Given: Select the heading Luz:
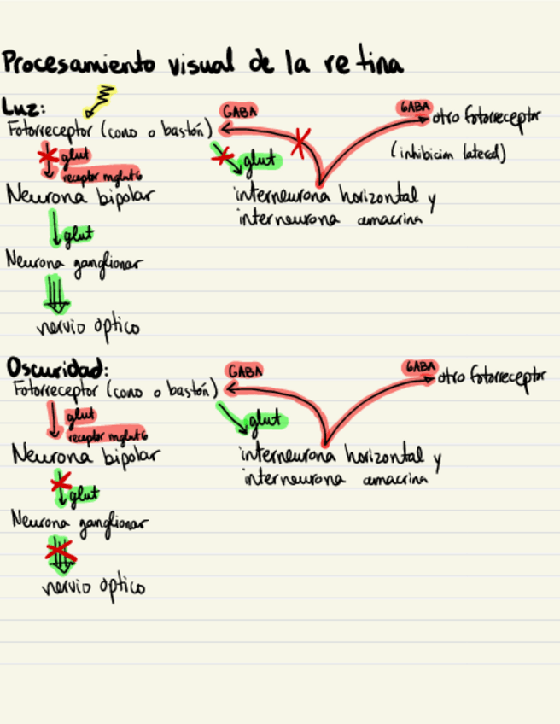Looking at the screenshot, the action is (x=23, y=108).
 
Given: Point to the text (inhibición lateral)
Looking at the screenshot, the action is (x=448, y=154).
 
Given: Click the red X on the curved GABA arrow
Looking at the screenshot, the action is (x=299, y=143).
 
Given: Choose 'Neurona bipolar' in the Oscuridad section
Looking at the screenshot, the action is (x=85, y=455).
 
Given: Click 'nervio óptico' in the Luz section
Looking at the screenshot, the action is (x=88, y=326).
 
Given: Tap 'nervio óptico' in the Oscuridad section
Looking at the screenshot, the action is (x=93, y=587).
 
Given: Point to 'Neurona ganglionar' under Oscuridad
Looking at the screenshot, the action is (x=78, y=521).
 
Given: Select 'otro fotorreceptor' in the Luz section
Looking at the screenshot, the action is (x=486, y=117).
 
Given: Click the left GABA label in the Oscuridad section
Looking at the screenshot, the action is (x=245, y=371).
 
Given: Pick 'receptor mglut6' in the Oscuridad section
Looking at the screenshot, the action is (x=106, y=435).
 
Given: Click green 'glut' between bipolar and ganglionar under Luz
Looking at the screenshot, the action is (x=77, y=233).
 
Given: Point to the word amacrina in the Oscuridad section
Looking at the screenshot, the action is (x=394, y=480).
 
